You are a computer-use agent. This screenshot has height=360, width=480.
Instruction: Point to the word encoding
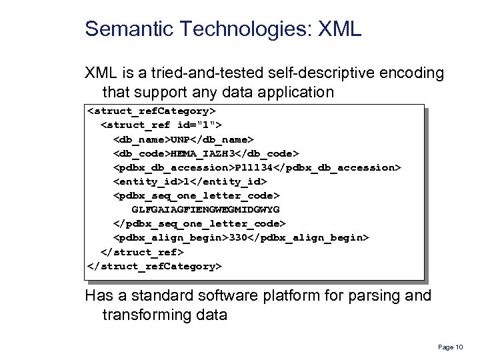click(405, 73)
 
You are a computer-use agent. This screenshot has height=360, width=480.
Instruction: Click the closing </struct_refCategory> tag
click(154, 266)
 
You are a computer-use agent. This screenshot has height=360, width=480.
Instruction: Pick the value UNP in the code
click(182, 139)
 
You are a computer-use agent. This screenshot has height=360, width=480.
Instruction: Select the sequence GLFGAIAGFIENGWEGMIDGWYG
click(205, 209)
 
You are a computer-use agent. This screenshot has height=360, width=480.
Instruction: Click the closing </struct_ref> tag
click(141, 252)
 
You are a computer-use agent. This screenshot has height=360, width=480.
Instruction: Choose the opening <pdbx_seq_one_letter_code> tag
click(197, 195)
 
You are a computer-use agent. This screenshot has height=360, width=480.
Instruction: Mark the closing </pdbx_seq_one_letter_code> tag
click(199, 223)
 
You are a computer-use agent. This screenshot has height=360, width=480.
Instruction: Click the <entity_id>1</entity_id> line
click(190, 181)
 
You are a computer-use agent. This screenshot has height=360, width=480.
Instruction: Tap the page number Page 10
click(451, 347)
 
